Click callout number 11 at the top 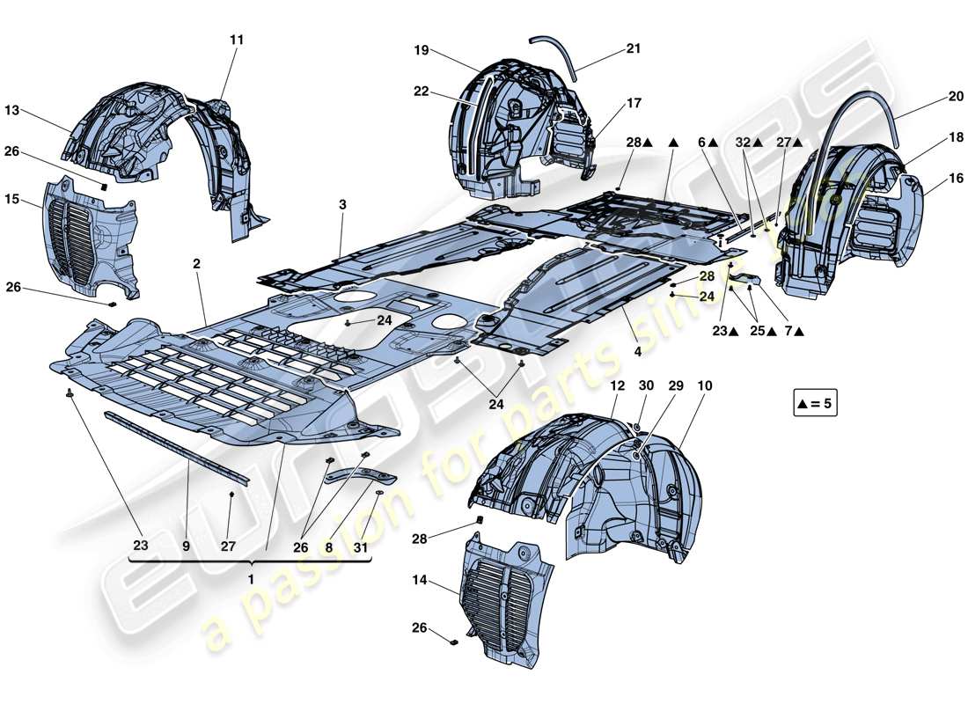tap(237, 40)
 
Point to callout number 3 tap(342, 204)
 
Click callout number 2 tap(197, 264)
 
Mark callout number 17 tap(634, 103)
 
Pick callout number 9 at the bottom tap(186, 546)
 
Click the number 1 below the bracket tap(251, 580)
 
